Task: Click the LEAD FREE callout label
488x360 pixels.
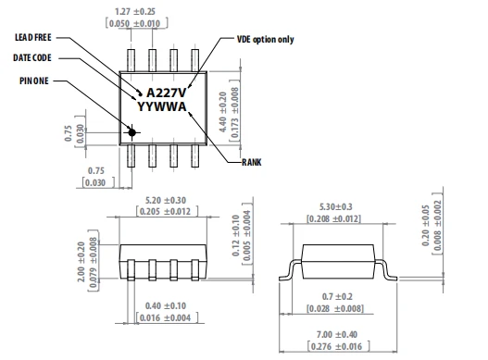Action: pos(33,37)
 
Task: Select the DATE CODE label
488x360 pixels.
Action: pos(32,57)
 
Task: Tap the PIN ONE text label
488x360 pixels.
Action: pos(34,81)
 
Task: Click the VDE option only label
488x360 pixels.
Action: pos(266,40)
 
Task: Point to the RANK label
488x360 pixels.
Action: pos(252,162)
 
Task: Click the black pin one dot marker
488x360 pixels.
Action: pos(132,132)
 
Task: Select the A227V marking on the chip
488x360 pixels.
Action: pos(166,93)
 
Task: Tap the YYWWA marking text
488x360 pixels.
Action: pos(161,106)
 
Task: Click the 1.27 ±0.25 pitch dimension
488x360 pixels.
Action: pos(135,12)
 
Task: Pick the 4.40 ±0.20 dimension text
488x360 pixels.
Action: pos(223,112)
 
